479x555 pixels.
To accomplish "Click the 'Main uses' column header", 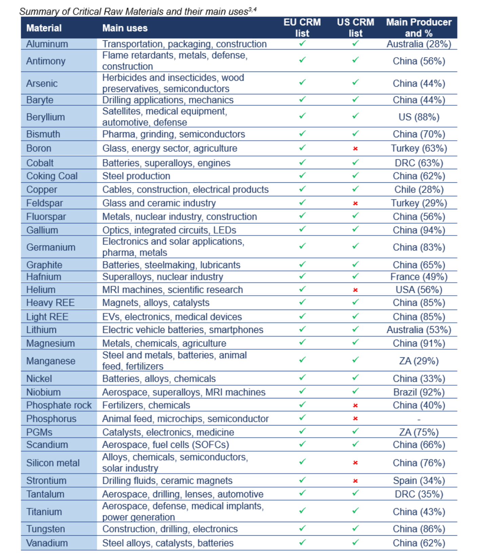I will point(125,28).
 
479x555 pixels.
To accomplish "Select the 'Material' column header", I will point(44,28).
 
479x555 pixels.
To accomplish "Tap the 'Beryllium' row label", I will point(45,117).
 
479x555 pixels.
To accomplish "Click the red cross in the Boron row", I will point(355,148).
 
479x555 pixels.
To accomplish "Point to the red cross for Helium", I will point(355,290).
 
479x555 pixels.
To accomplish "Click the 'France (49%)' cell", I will point(419,277).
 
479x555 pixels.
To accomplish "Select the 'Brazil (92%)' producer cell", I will point(419,392).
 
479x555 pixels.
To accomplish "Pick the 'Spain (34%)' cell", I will point(419,480).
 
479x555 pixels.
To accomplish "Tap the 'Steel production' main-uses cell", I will point(136,176).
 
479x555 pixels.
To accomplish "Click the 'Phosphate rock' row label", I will point(59,405).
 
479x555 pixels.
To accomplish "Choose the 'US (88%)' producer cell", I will point(419,117).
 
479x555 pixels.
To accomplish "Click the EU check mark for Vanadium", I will point(302,542).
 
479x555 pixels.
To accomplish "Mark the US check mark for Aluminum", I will point(355,43).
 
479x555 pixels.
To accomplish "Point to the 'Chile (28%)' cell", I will point(419,190).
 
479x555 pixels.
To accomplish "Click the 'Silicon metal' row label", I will point(53,463).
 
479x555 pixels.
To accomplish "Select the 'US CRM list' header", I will point(355,28).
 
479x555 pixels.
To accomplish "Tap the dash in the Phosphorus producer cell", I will point(419,419).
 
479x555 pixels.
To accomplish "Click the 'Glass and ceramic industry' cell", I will point(159,203).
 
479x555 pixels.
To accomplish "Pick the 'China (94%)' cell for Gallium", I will point(419,230).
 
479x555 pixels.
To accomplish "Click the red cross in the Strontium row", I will point(355,481).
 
